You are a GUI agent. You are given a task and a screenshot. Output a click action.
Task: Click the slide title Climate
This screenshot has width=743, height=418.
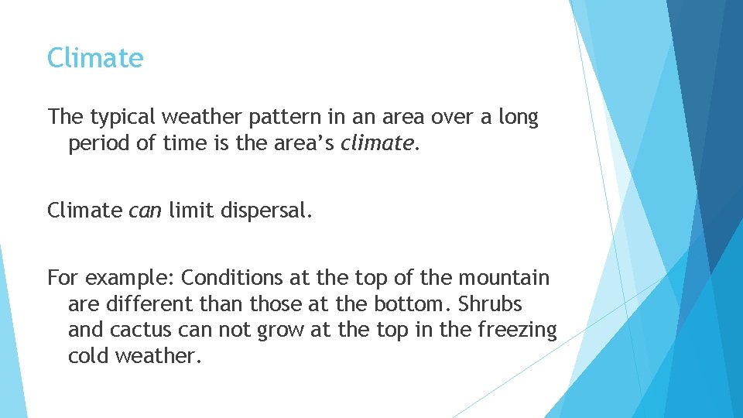(x=95, y=58)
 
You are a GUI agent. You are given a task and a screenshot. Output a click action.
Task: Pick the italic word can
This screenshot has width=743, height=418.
(x=145, y=211)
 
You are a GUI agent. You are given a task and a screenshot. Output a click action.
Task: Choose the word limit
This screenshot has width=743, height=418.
(x=190, y=211)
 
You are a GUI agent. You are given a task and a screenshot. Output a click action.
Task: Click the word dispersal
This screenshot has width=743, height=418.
(x=265, y=211)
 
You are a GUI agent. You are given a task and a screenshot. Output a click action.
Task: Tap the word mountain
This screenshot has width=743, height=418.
(x=504, y=277)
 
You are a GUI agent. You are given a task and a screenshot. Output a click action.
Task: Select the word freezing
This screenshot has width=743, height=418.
(x=517, y=330)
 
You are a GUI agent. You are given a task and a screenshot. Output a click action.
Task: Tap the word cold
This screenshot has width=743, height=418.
(x=88, y=356)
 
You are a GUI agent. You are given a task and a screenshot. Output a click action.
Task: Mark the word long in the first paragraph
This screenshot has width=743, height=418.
(x=518, y=118)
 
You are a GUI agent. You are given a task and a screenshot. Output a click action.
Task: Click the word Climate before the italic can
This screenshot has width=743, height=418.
(x=84, y=211)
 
